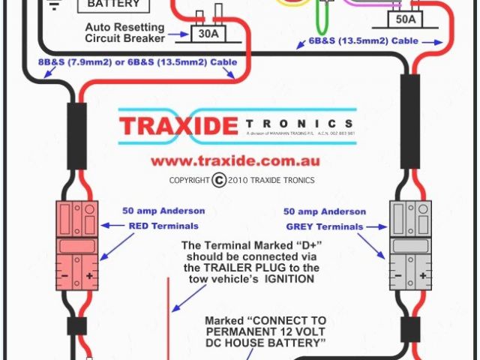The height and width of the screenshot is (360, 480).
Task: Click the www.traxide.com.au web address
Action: tap(235, 160)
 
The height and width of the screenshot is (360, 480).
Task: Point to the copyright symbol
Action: tap(218, 180)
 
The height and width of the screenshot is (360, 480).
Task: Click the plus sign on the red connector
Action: tap(89, 276)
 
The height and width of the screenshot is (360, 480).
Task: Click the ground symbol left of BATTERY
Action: tap(54, 5)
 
